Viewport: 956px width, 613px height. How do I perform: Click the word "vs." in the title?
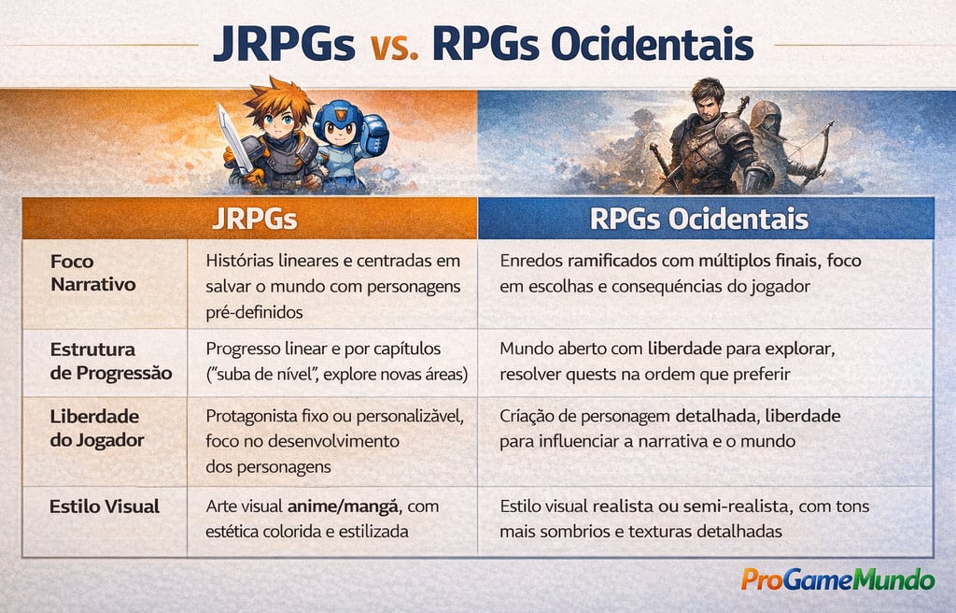[393, 44]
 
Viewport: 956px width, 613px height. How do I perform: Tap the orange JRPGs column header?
[254, 220]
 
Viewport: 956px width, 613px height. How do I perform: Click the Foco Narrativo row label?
[78, 273]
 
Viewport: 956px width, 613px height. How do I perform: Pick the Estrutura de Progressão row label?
[111, 361]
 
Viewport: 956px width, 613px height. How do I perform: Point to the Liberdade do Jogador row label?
[97, 427]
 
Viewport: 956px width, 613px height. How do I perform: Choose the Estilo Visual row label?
[105, 506]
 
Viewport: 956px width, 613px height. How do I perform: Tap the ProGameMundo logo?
[837, 579]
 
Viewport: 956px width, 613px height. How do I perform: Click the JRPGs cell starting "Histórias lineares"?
[332, 285]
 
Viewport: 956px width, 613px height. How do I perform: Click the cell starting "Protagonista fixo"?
[332, 439]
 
